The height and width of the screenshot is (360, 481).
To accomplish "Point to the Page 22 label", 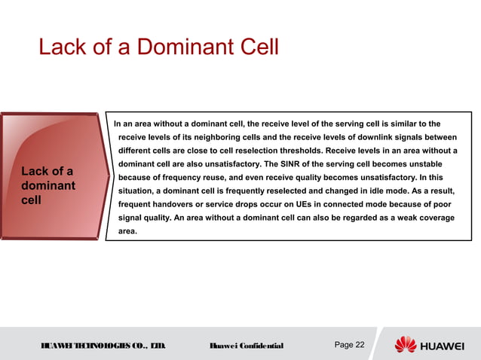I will (x=348, y=345).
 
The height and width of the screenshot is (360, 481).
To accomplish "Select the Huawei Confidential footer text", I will (x=246, y=346).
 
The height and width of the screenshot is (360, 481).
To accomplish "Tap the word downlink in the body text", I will (x=370, y=137).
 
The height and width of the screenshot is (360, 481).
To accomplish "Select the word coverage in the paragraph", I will (x=434, y=218).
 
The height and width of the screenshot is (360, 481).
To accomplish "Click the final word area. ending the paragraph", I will (x=130, y=232).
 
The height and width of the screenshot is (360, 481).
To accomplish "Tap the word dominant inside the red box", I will (x=48, y=185).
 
